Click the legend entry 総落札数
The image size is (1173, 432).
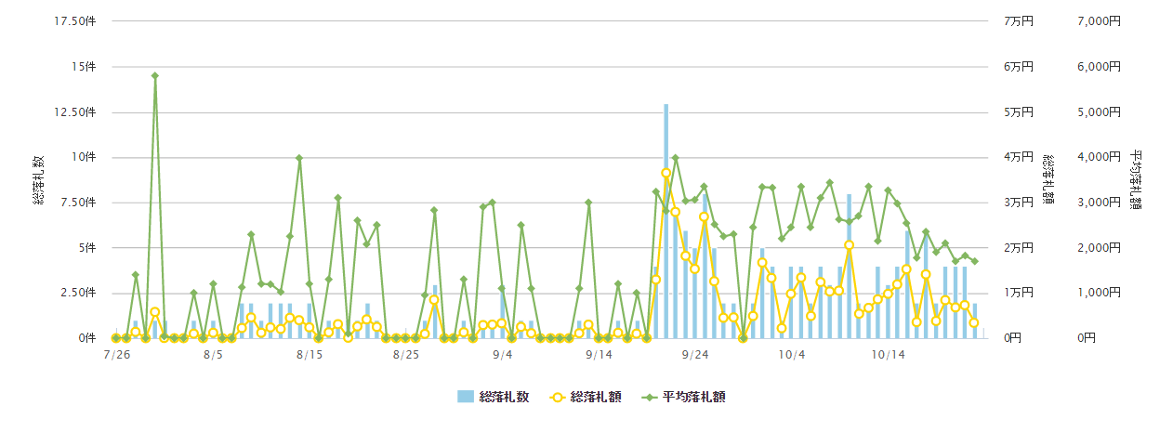click(494, 397)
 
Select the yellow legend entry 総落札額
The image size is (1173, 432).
click(586, 397)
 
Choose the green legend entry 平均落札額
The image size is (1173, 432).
click(683, 397)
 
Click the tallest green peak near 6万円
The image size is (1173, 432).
click(154, 76)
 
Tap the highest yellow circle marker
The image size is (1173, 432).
click(666, 173)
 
